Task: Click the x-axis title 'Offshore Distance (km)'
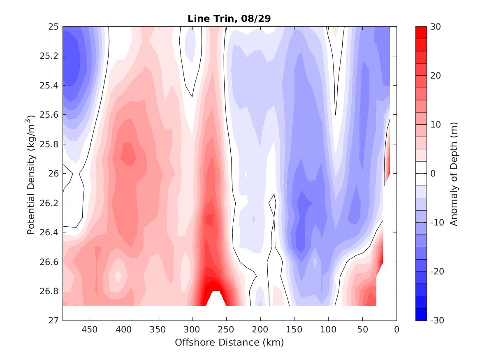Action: click(x=229, y=342)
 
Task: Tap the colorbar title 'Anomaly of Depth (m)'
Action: click(x=454, y=173)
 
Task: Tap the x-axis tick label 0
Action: click(x=397, y=330)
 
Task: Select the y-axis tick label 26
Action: click(x=54, y=174)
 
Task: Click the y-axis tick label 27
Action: click(x=54, y=321)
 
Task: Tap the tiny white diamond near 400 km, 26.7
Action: click(x=118, y=276)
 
